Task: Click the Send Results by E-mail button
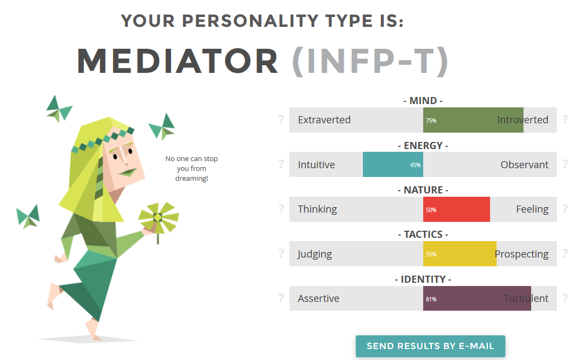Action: point(430,346)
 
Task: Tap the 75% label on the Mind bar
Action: point(431,121)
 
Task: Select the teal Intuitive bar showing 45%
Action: point(393,164)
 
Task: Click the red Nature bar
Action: point(456,209)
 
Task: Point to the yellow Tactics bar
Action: point(460,254)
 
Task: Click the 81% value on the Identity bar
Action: point(431,299)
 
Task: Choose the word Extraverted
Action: point(324,120)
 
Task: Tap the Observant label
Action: point(525,165)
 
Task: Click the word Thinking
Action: point(317,209)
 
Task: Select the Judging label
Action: point(315,254)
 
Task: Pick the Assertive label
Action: point(318,299)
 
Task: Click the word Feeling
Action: point(532,209)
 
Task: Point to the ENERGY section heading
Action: point(423,145)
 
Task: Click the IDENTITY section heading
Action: point(423,279)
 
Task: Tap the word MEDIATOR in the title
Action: point(178,61)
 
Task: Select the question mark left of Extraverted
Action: point(281,119)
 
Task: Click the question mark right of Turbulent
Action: point(565,298)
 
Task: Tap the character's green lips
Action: point(128,172)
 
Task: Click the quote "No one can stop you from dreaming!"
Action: point(191,168)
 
